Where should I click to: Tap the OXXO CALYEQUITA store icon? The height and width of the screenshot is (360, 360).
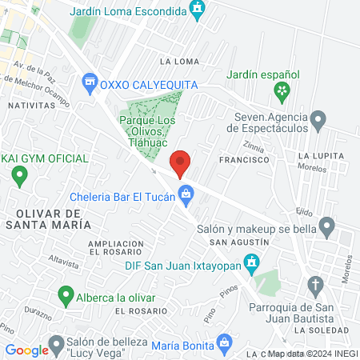tap(90, 82)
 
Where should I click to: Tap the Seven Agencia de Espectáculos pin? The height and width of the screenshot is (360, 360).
tap(318, 122)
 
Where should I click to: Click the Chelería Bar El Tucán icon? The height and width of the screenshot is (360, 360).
tap(186, 193)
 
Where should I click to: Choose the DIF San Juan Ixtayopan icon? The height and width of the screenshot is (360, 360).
tap(253, 262)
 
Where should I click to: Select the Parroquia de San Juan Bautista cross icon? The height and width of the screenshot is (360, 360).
tap(316, 286)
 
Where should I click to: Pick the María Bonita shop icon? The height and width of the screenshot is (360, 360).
tap(226, 345)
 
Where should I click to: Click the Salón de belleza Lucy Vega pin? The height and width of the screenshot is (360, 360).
tap(56, 346)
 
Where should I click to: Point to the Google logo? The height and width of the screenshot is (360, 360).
tap(26, 350)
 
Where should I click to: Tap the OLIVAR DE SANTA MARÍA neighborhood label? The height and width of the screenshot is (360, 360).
tap(47, 219)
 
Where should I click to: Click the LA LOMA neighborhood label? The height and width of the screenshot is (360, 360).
tap(179, 61)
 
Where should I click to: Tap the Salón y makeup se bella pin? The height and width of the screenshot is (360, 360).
tap(326, 227)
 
